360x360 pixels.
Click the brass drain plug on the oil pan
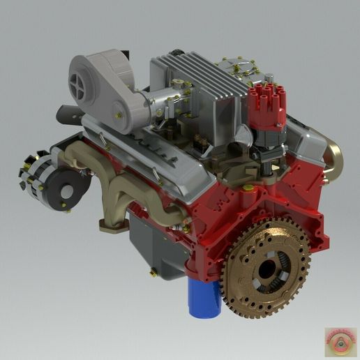tap(152, 273)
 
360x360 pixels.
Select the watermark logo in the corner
tap(340, 341)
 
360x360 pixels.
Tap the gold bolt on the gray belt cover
tap(120, 115)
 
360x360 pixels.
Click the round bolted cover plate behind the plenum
tap(236, 70)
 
